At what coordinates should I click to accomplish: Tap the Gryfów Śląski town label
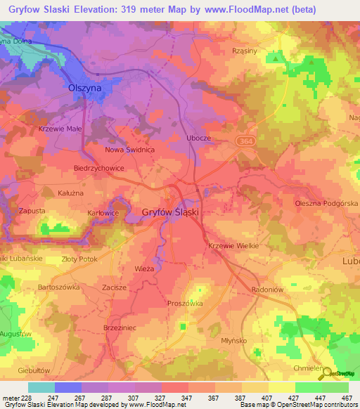tap(171, 212)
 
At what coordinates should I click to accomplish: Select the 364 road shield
tap(243, 141)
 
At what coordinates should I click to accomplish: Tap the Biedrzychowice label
tap(99, 169)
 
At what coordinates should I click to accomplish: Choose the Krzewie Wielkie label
tap(234, 245)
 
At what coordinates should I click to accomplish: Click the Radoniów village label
tap(267, 289)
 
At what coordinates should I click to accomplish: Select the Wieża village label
tap(143, 269)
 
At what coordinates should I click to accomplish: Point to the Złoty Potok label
tap(79, 259)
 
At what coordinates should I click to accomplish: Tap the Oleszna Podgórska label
tap(326, 204)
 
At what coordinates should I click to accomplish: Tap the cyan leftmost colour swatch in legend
tap(41, 387)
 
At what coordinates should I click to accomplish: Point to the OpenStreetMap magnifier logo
tap(326, 373)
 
